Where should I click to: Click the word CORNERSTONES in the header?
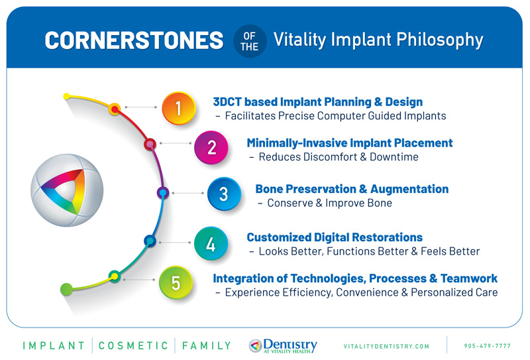[133, 40]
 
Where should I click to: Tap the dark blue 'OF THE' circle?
[250, 40]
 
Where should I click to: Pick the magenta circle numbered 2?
[211, 147]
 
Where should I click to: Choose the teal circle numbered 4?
[211, 243]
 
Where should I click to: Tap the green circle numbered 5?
[176, 282]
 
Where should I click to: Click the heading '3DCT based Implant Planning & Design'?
[317, 102]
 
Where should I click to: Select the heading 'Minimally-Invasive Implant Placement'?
[349, 143]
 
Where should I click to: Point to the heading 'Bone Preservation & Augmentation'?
[352, 189]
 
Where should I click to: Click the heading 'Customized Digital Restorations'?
[334, 237]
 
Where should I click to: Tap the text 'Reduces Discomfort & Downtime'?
[338, 157]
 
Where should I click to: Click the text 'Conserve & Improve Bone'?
[329, 203]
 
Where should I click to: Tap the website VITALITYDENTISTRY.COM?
[386, 346]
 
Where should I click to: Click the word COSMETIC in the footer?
[135, 345]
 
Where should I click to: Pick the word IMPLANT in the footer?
[54, 345]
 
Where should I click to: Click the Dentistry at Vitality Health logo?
[283, 345]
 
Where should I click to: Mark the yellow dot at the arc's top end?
[66, 97]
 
